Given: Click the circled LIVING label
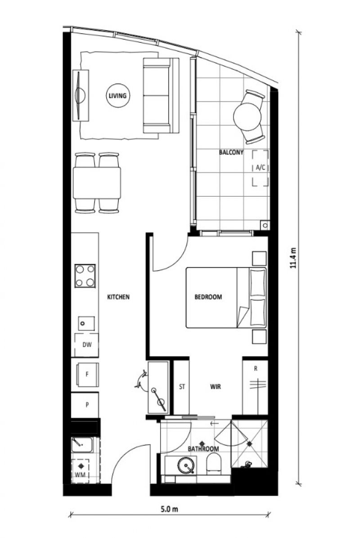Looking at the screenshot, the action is pos(117,95).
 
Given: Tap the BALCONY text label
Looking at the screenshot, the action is pos(231,152).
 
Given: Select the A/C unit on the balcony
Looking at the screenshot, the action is pos(261,168).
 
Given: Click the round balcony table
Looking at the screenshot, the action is pos(247,117).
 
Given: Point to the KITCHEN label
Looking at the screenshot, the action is pos(118,297).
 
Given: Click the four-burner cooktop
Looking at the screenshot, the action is pos(85,276).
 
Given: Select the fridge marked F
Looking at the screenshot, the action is pos(87,374).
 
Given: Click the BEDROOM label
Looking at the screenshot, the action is pos(208,297).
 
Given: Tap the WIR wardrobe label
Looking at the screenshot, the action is pos(215,387).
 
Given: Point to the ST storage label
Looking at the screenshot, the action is pos(182,387).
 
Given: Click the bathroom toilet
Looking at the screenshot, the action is pos(214,463).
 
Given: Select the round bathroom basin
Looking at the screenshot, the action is pos(186,466).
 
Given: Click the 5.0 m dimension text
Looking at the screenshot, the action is pos(169,509).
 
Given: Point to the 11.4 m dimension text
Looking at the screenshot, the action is pos(293,258).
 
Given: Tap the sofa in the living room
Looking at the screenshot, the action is pos(161,95).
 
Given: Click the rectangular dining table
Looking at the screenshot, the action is pos(97,183).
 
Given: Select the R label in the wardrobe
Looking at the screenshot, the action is pos(256,369).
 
